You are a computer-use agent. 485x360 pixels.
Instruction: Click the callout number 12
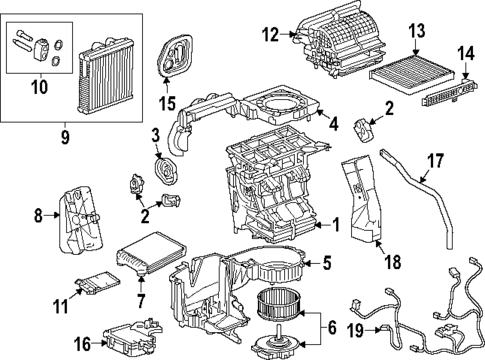click(270, 34)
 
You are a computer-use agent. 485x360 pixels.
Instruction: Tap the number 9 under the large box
click(65, 137)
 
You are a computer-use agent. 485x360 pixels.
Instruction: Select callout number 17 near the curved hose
click(436, 161)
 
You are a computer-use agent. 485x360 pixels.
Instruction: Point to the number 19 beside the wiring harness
click(356, 330)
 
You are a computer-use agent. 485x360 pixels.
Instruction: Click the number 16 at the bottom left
click(83, 344)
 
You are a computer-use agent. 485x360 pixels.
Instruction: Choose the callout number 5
click(327, 263)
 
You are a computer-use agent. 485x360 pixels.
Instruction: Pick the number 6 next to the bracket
click(332, 328)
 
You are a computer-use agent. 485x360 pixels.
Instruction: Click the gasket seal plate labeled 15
click(175, 54)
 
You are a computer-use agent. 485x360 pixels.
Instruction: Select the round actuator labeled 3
click(166, 170)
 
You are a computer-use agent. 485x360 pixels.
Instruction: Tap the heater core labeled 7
click(151, 253)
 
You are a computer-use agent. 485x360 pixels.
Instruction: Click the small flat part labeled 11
click(97, 283)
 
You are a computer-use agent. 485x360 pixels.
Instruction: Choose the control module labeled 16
click(133, 336)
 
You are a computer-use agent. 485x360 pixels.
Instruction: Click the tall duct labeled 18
click(361, 197)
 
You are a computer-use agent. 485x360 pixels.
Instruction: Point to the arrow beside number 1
click(322, 225)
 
